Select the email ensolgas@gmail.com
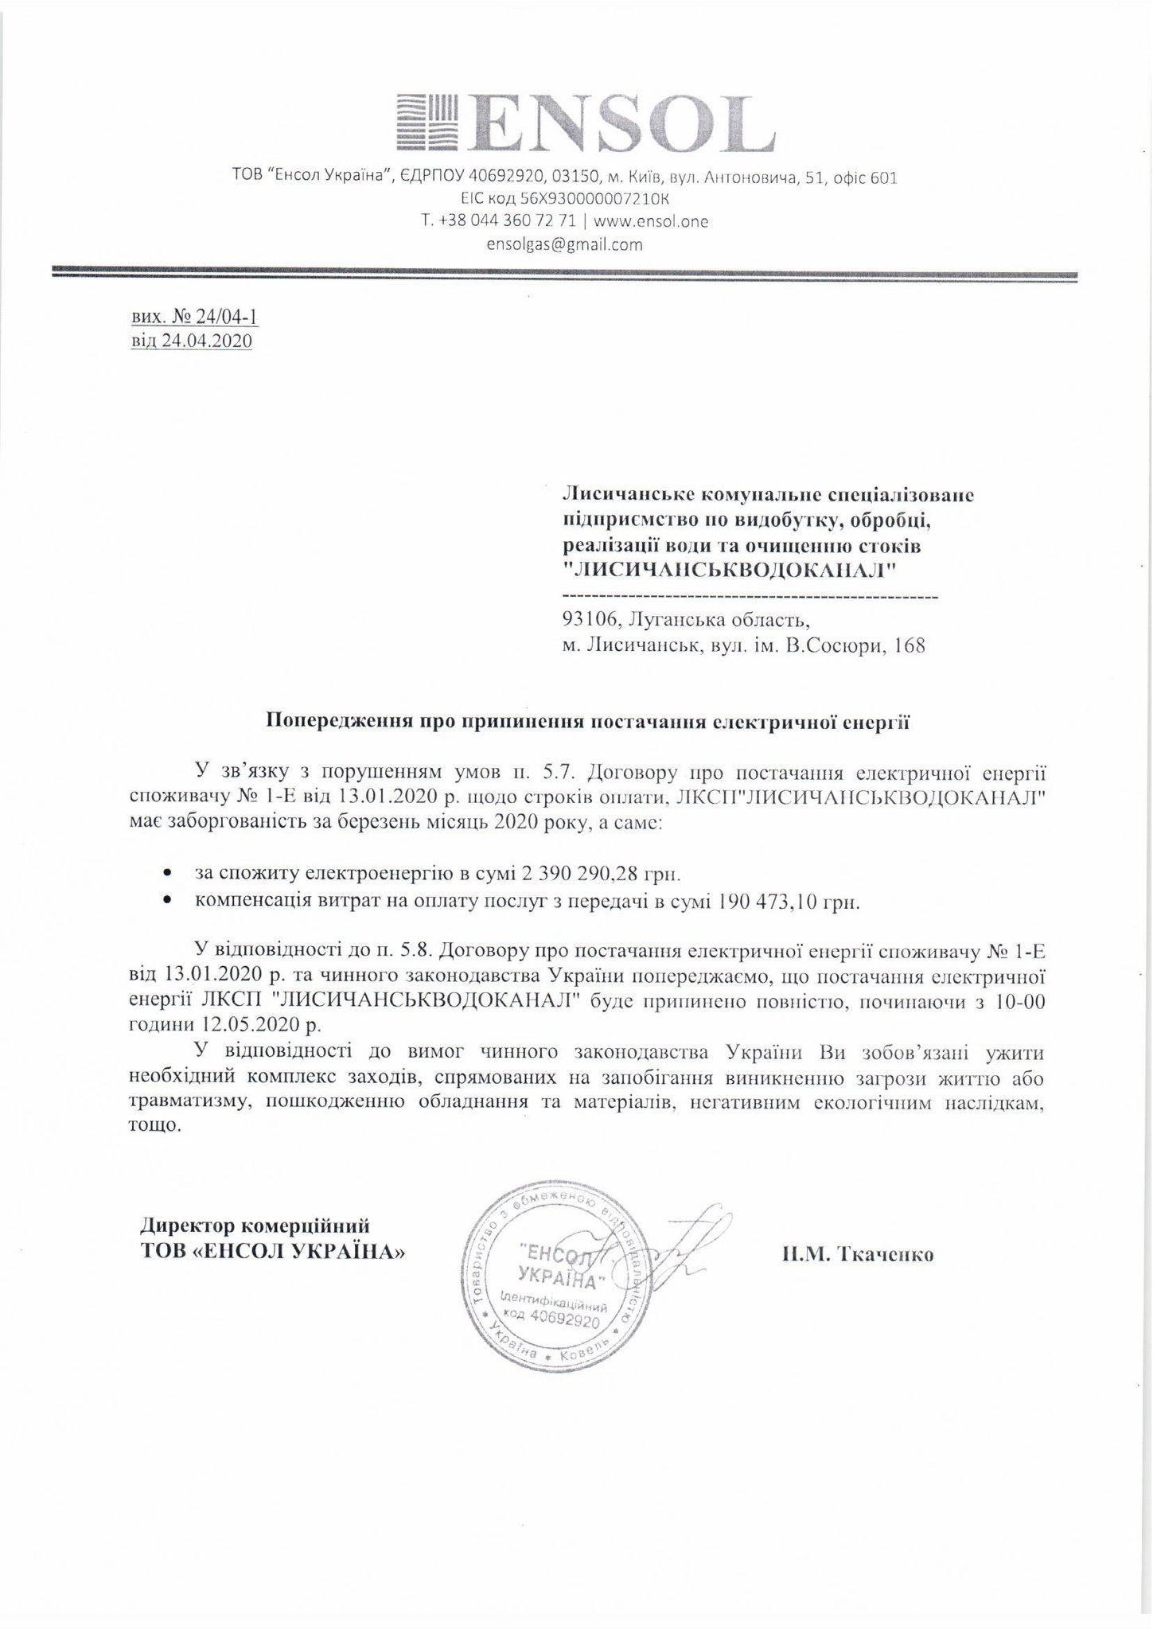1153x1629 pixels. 564,245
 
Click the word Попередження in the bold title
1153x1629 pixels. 326,723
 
